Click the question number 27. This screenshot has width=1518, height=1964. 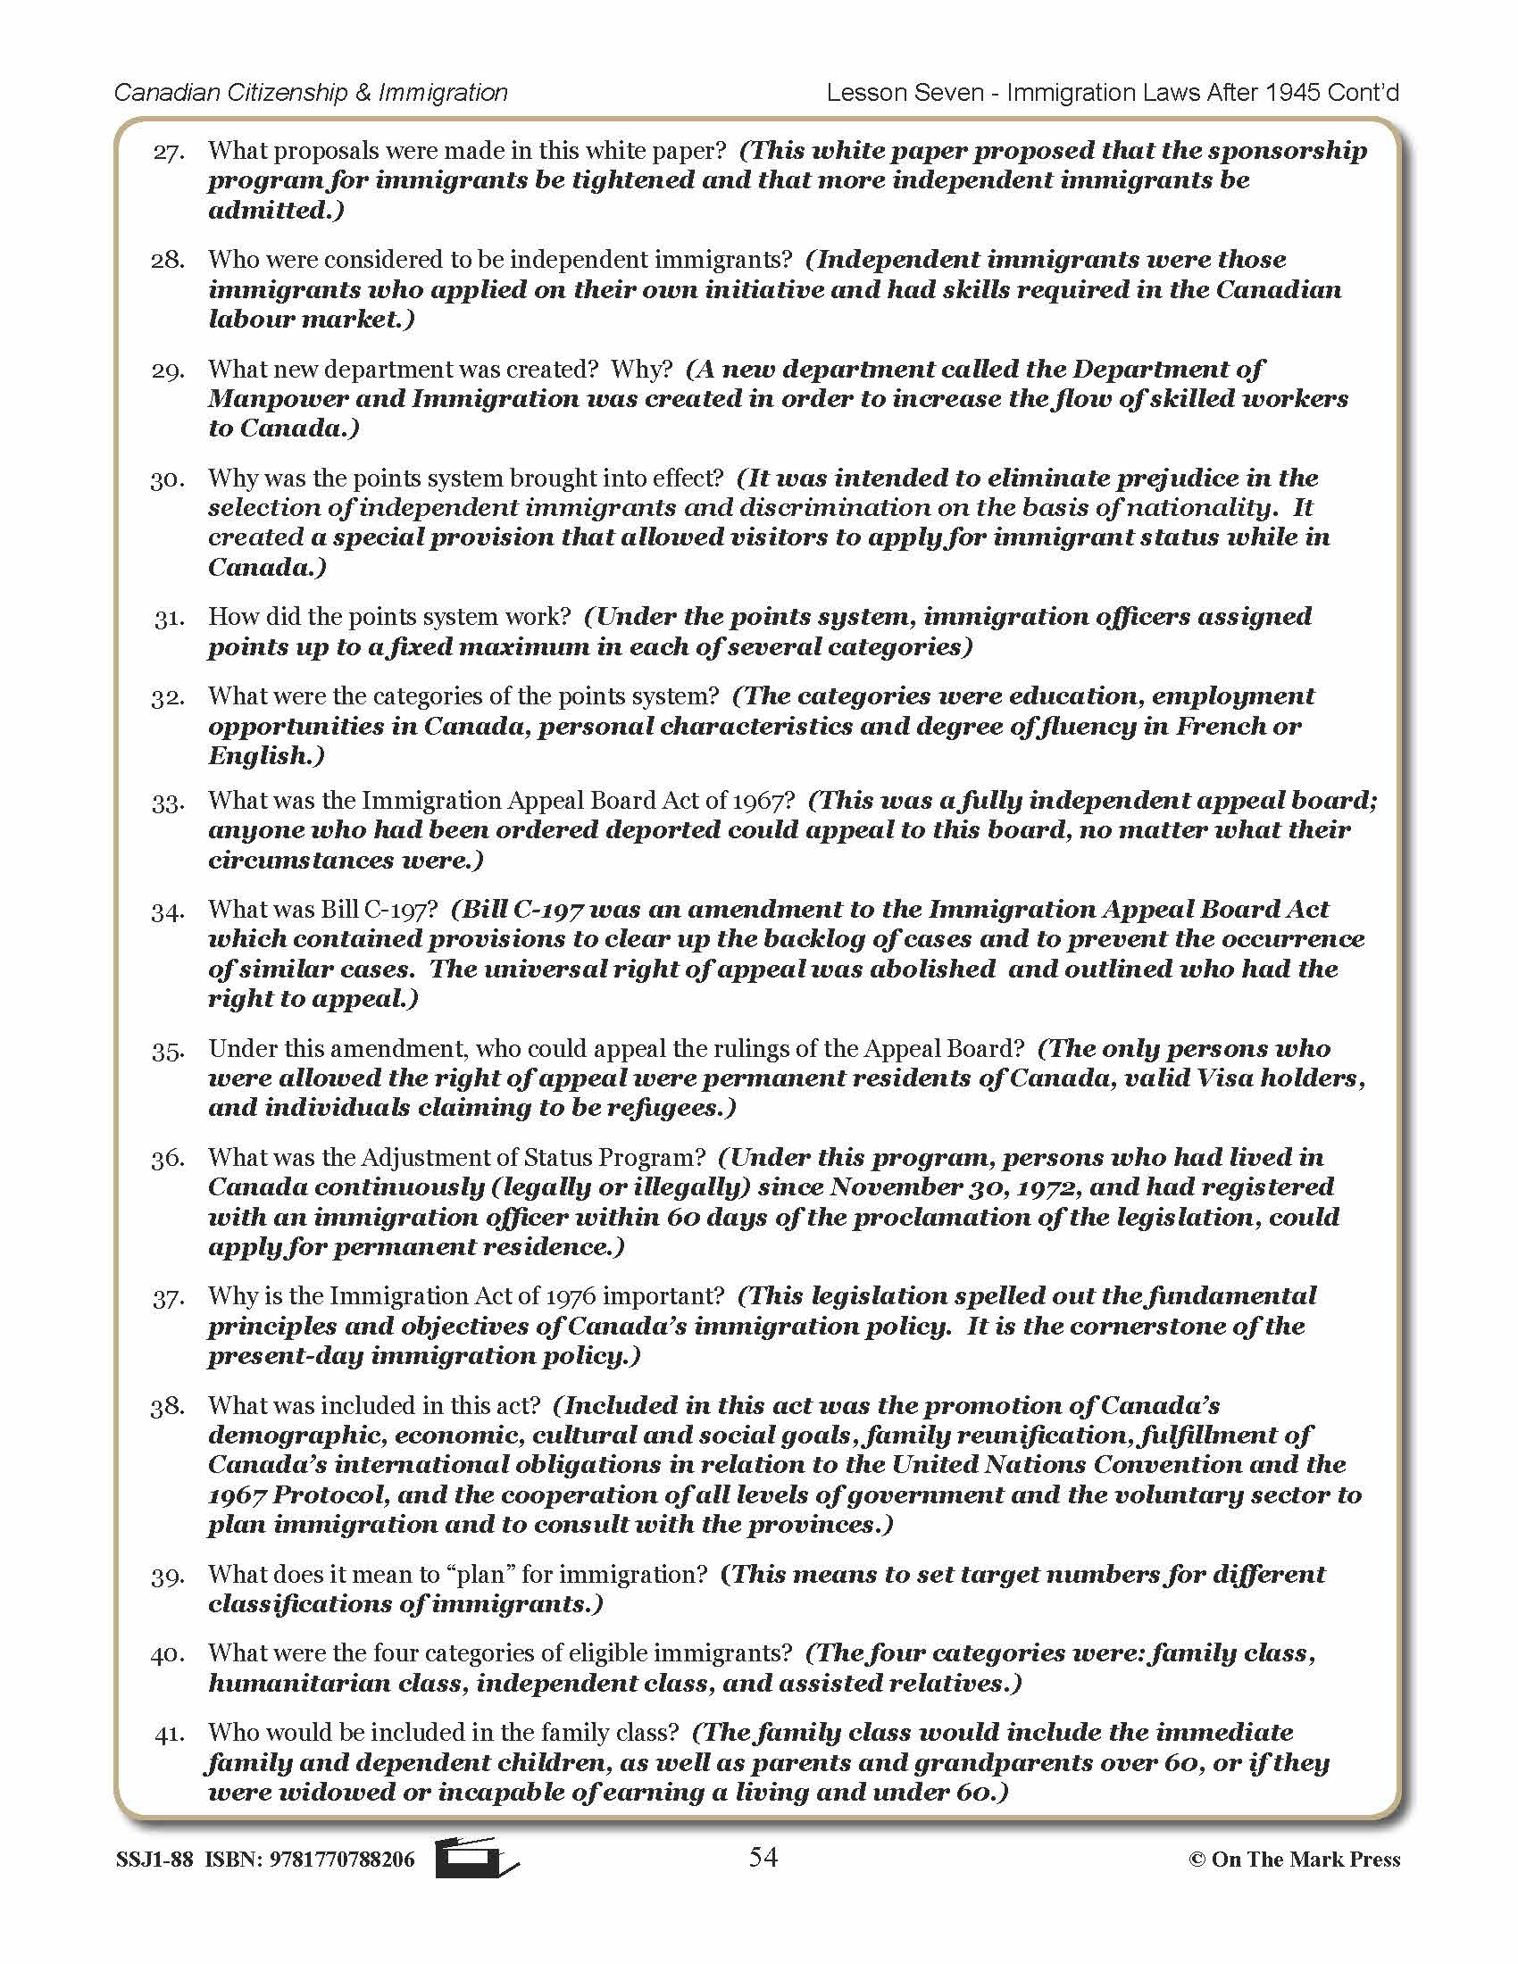169,152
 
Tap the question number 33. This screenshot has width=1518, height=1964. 168,803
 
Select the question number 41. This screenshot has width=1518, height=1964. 168,1735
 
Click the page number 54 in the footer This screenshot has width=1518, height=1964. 763,1857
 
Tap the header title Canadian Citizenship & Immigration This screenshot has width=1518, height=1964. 311,93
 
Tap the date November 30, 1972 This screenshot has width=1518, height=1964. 955,1187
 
